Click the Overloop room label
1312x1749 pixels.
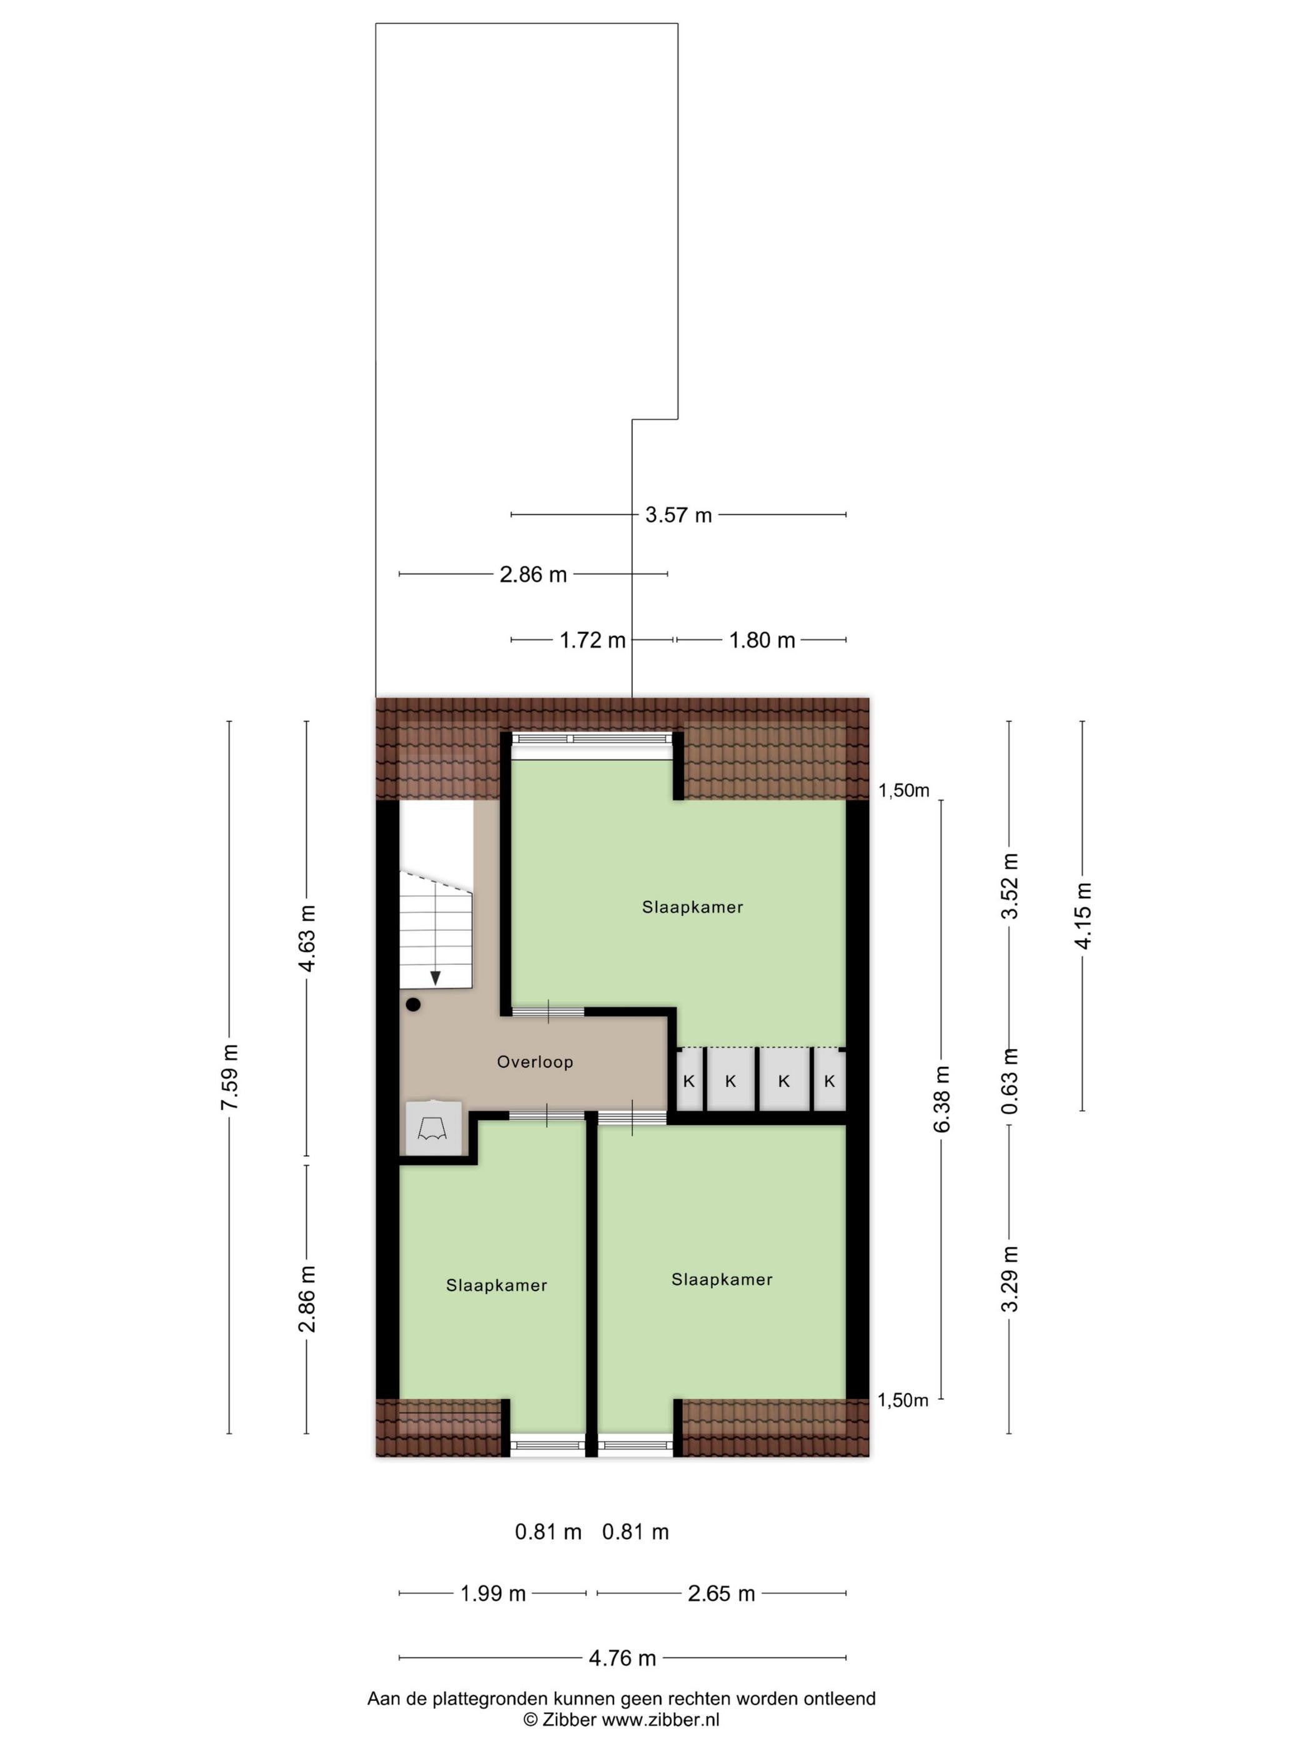click(535, 1062)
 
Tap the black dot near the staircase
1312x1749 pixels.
click(413, 1005)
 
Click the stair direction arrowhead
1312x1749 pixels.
click(435, 978)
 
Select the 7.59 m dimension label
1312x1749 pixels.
click(229, 1077)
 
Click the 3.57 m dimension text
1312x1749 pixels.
click(678, 515)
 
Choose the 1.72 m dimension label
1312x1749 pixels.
click(592, 640)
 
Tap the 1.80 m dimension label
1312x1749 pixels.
click(762, 640)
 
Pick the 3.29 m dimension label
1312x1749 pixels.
click(1009, 1279)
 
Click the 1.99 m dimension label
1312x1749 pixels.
click(493, 1593)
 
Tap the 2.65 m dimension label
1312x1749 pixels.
click(721, 1593)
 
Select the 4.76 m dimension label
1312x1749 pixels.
click(622, 1658)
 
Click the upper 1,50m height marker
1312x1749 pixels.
click(904, 790)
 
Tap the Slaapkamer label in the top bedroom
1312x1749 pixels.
click(693, 908)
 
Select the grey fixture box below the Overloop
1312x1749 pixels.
click(432, 1127)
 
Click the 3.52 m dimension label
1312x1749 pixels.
click(1009, 886)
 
